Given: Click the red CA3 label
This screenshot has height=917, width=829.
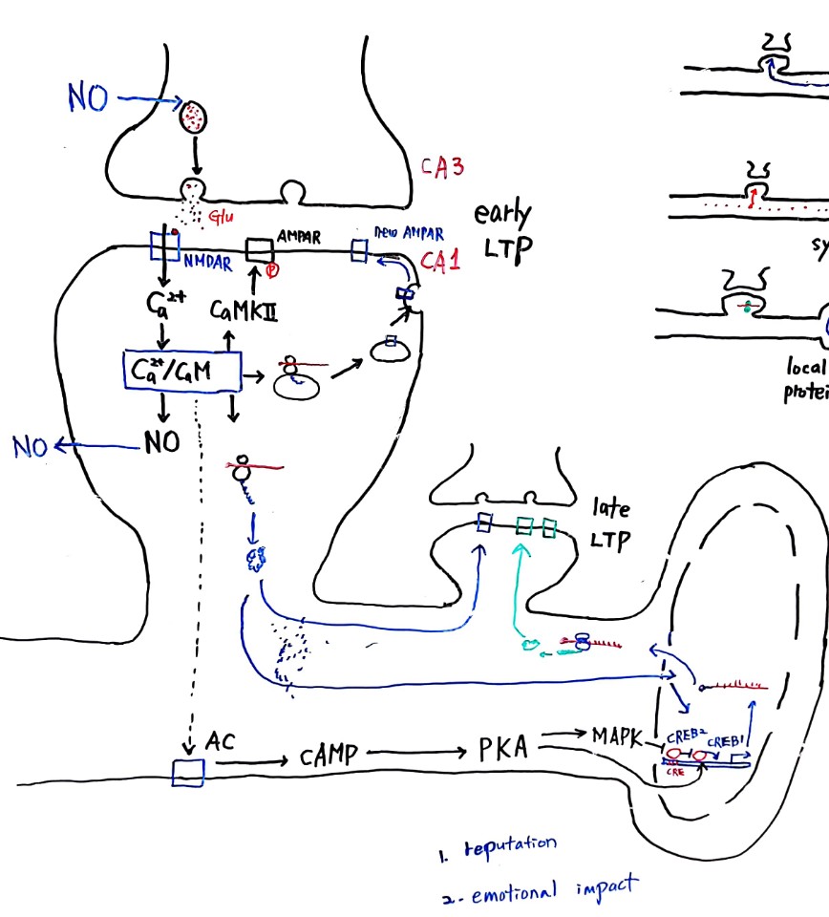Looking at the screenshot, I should click(x=443, y=167).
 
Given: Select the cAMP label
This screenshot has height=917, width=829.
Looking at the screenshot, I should click(x=328, y=756).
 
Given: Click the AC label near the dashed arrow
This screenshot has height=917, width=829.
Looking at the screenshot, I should click(x=221, y=739).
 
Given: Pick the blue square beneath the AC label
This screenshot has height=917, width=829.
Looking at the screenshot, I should click(x=188, y=772).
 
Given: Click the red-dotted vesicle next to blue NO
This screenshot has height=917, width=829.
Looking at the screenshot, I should click(x=195, y=117).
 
